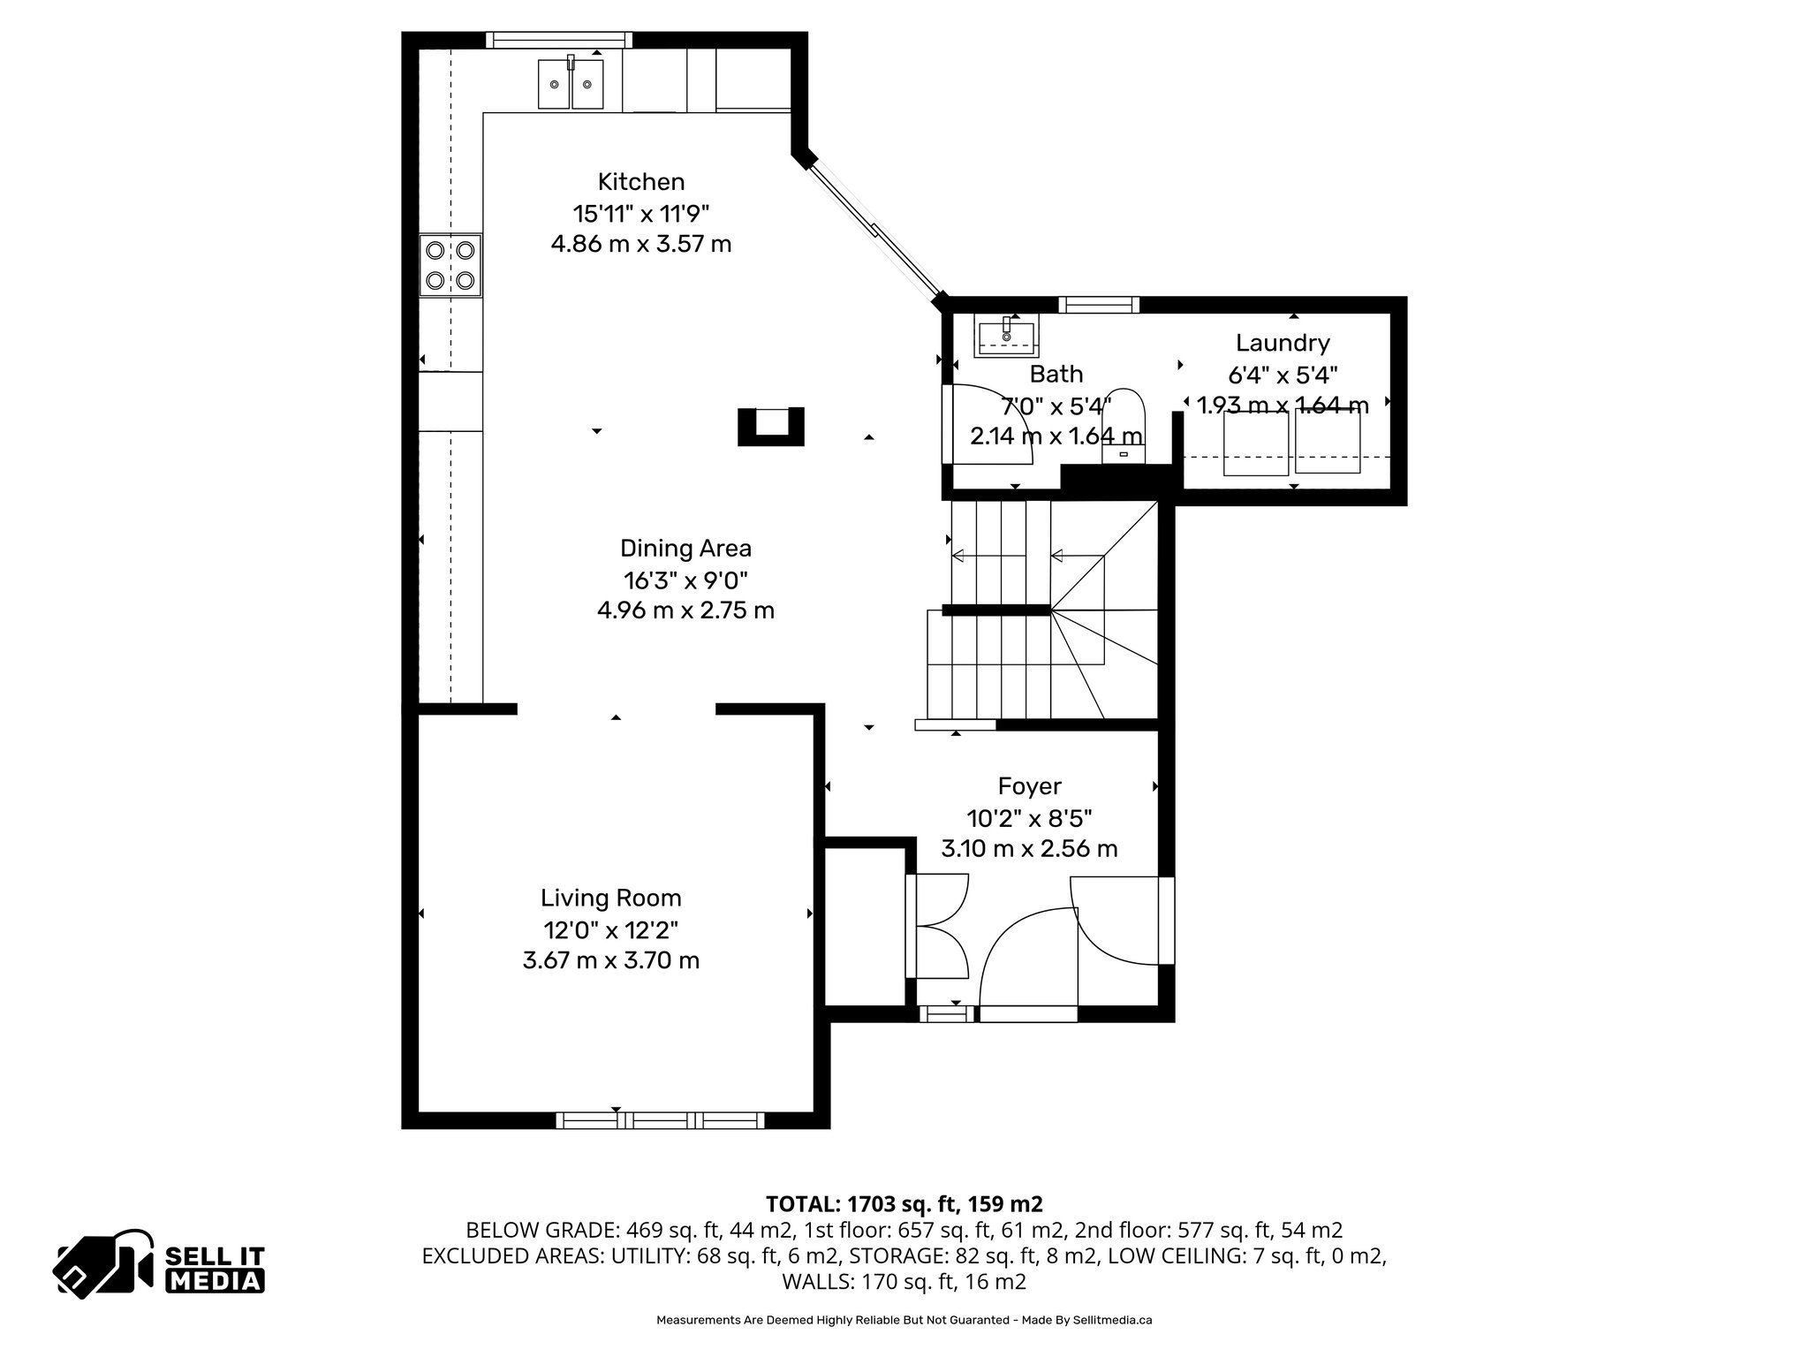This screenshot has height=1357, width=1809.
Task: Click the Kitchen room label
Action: coord(640,182)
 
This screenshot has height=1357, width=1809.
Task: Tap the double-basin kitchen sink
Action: coord(571,84)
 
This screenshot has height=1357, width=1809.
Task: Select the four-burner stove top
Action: coord(450,265)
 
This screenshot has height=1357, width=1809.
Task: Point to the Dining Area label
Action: coord(685,549)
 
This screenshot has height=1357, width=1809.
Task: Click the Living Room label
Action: coord(610,898)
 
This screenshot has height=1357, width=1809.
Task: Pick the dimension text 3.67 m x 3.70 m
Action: coord(610,960)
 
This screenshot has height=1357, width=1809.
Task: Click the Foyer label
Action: coord(1029,786)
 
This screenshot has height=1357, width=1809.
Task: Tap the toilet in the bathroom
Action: coord(1124,424)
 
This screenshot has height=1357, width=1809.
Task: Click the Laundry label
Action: coord(1282,343)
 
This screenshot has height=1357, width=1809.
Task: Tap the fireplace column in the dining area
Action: coord(771,426)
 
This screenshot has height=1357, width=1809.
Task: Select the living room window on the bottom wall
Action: coord(660,1120)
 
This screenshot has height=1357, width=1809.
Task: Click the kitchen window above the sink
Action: coord(559,40)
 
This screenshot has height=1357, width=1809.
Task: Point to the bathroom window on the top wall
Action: coord(1099,305)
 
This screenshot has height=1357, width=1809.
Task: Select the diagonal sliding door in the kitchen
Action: coord(875,231)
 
